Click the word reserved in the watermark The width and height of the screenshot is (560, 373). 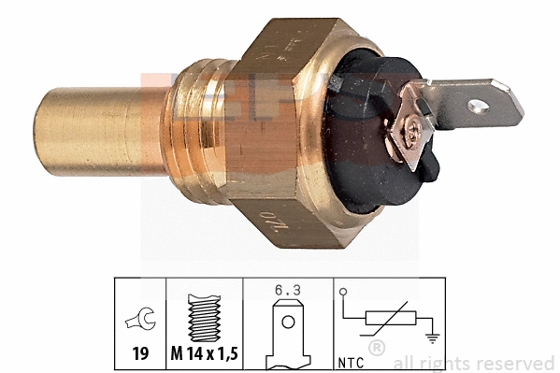click(523, 362)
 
